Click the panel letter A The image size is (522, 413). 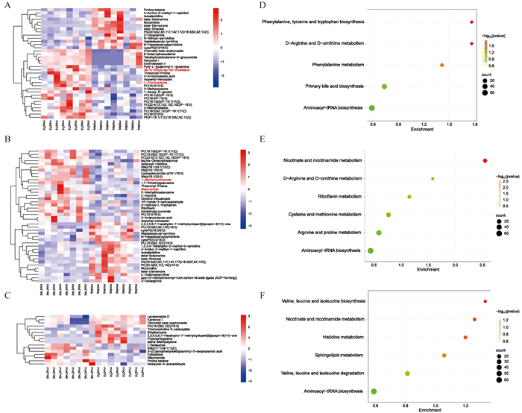pos(6,7)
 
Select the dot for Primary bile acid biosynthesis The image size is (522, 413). pos(384,87)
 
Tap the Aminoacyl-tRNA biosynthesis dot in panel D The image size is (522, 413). pos(372,109)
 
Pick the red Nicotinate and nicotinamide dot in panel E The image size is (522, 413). pos(485,161)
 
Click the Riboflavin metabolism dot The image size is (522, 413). pos(409,197)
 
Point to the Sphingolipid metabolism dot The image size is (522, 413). pos(444,355)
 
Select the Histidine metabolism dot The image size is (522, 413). pos(465,337)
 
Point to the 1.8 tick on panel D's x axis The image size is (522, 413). pos(476,124)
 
